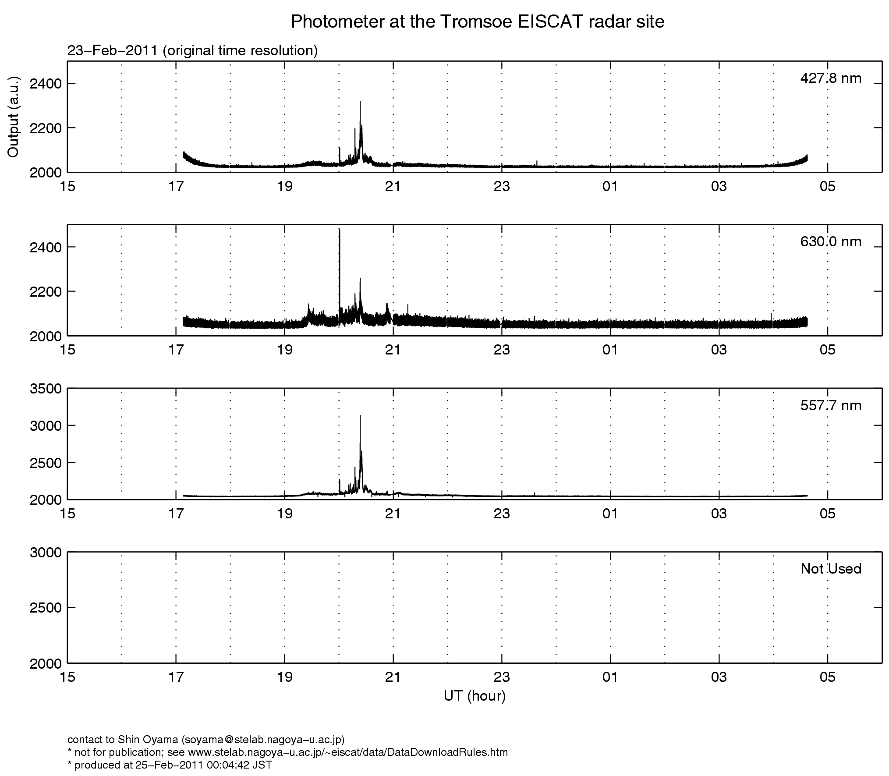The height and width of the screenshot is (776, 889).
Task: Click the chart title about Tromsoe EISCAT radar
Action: [478, 22]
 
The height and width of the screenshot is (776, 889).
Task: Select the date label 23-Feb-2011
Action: [112, 51]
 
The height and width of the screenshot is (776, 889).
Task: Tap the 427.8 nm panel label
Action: [831, 78]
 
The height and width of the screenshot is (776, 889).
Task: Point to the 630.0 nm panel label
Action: [831, 242]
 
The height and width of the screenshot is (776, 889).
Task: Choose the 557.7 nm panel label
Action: [831, 406]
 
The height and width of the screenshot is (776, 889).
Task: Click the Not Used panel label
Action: [831, 569]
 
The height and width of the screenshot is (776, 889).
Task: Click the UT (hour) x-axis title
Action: [475, 696]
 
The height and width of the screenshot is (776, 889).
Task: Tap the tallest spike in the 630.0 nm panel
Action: [340, 230]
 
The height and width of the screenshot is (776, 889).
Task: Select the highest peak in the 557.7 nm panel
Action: [360, 416]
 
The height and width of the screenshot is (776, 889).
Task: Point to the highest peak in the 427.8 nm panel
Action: [360, 103]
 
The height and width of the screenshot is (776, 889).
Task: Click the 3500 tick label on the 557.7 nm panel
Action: [46, 389]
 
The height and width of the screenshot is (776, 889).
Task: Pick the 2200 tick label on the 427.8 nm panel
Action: [46, 128]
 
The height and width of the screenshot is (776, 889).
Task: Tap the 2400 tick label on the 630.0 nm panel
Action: [46, 248]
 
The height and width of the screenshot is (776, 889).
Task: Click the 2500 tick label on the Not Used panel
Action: [46, 608]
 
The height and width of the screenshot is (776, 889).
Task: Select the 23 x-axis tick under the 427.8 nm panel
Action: [502, 187]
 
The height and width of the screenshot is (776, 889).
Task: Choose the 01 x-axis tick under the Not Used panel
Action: [610, 678]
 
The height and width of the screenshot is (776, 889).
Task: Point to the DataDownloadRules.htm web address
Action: [348, 752]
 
